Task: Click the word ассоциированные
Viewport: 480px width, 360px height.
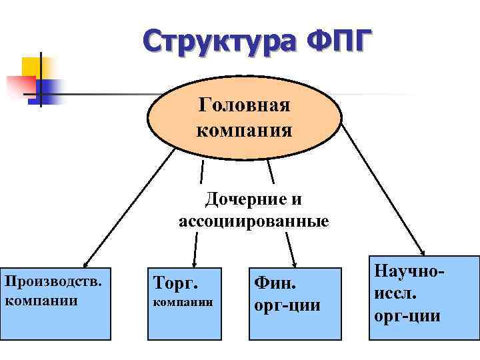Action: click(253, 221)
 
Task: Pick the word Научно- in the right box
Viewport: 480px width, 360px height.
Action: click(409, 273)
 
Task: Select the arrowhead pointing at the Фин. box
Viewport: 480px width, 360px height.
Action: click(293, 263)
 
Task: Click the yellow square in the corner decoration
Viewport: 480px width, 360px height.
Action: click(32, 67)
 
